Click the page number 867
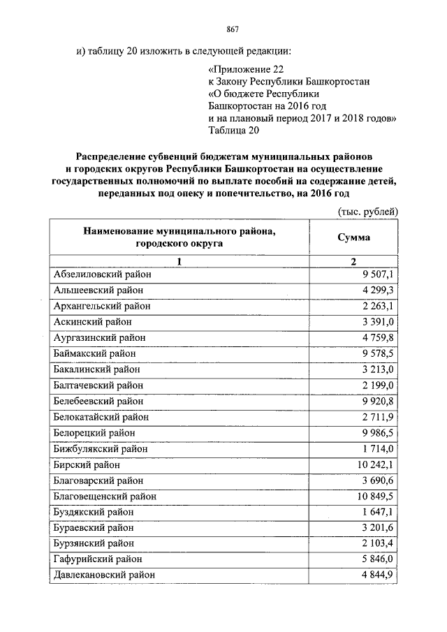click(x=233, y=29)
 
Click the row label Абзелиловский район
click(x=102, y=274)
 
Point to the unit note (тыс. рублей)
click(x=367, y=210)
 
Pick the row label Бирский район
click(x=86, y=464)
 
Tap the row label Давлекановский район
click(x=104, y=575)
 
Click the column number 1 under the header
click(x=179, y=261)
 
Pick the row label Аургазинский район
click(x=99, y=338)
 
